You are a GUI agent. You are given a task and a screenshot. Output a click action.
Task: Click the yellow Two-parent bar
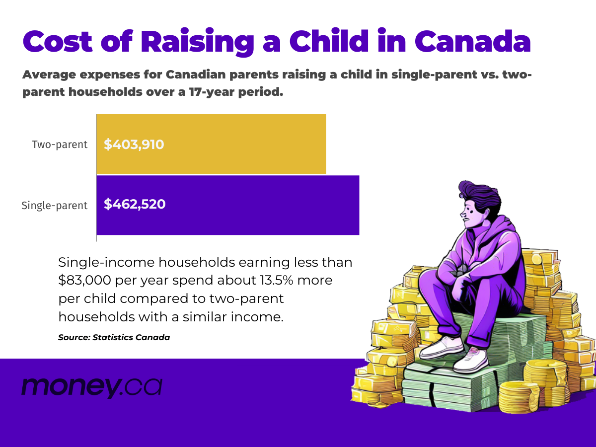click(x=211, y=144)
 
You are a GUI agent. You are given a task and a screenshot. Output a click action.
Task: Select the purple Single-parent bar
click(x=227, y=205)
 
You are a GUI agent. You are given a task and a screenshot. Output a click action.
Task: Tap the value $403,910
click(x=134, y=145)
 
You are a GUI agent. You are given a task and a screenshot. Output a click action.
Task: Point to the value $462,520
click(x=135, y=204)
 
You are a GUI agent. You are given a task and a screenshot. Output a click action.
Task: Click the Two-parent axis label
click(x=60, y=145)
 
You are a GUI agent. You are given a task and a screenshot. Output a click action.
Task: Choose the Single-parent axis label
click(x=54, y=205)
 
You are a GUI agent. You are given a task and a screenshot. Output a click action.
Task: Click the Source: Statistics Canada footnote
click(x=114, y=337)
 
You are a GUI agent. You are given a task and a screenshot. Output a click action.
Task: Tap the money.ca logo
click(x=91, y=386)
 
